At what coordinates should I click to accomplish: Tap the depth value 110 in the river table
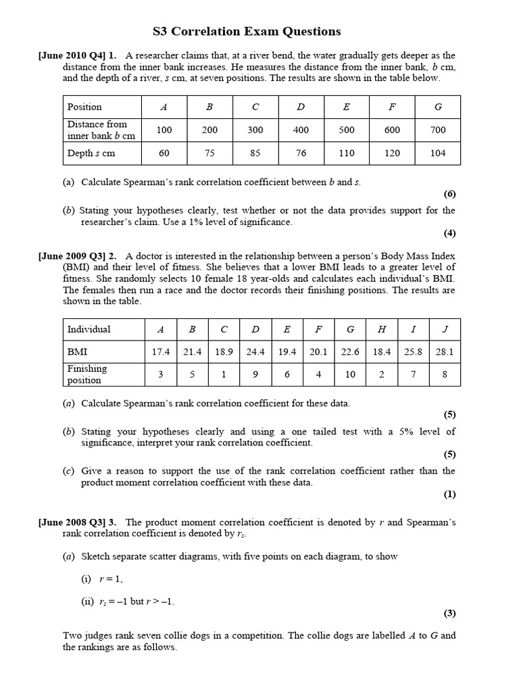coord(347,153)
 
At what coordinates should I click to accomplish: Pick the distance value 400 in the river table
coord(301,130)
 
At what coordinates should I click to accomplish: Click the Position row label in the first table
coord(84,107)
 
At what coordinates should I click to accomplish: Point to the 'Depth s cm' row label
coord(91,153)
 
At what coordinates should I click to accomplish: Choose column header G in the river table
coord(438,107)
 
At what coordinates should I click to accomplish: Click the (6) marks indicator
coord(449,195)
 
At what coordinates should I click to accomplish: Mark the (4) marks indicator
coord(449,234)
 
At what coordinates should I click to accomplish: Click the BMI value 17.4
coord(160,351)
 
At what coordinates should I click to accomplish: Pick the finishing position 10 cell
coord(349,374)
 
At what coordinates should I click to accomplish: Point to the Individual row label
coord(89,329)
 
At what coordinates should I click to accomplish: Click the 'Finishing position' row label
coord(87,374)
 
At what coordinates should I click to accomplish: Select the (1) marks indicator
coord(449,495)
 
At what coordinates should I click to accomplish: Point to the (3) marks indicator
coord(449,614)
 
